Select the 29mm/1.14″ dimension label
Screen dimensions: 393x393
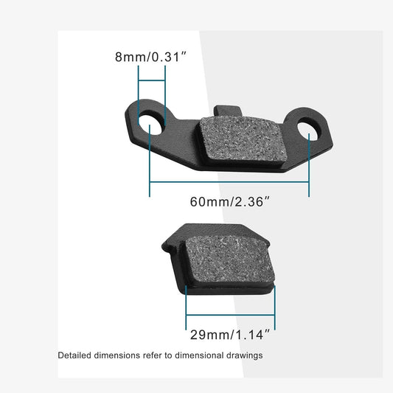229,335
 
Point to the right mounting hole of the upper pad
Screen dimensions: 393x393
308,130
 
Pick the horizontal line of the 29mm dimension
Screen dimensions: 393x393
229,315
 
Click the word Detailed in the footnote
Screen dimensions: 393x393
77,355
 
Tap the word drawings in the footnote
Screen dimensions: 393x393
243,355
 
